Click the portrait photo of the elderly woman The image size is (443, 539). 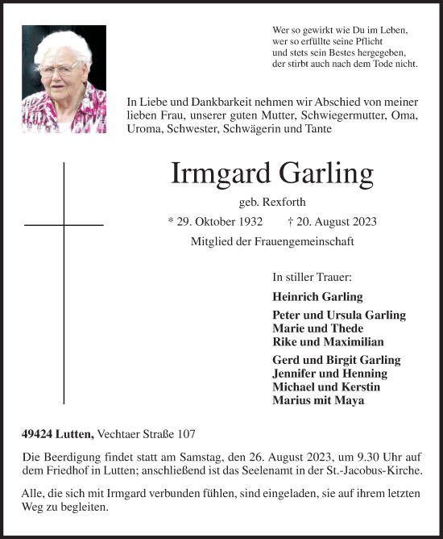[64, 78]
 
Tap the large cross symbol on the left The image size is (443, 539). [64, 282]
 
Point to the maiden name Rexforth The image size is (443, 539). [284, 201]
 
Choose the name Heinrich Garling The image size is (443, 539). [317, 296]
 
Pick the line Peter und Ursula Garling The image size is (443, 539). [339, 315]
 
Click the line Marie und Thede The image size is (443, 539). [317, 328]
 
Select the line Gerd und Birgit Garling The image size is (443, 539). [337, 360]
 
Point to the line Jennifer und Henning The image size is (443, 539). [329, 374]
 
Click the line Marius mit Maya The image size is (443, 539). [318, 400]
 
